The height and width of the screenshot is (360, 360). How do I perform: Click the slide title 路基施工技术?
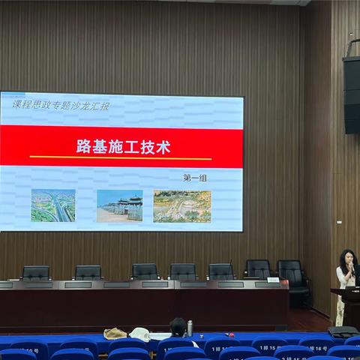(x=123, y=147)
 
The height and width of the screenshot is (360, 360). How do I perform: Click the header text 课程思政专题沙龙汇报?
(x=61, y=106)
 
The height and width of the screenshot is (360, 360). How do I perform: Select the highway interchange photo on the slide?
(x=52, y=205)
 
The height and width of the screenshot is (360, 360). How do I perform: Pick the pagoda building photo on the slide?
(x=119, y=205)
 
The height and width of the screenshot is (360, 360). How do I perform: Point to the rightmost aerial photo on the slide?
(x=182, y=206)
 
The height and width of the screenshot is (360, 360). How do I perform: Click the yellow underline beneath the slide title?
(x=120, y=158)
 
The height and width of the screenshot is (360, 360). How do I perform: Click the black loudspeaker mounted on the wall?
(x=351, y=94)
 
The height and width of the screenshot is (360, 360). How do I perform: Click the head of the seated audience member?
(x=178, y=326)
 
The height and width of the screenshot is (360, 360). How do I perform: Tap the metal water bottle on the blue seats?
(x=190, y=328)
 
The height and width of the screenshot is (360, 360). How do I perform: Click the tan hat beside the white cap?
(x=115, y=333)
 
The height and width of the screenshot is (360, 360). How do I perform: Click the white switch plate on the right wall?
(x=339, y=222)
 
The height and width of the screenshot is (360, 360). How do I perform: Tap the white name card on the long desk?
(x=273, y=280)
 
